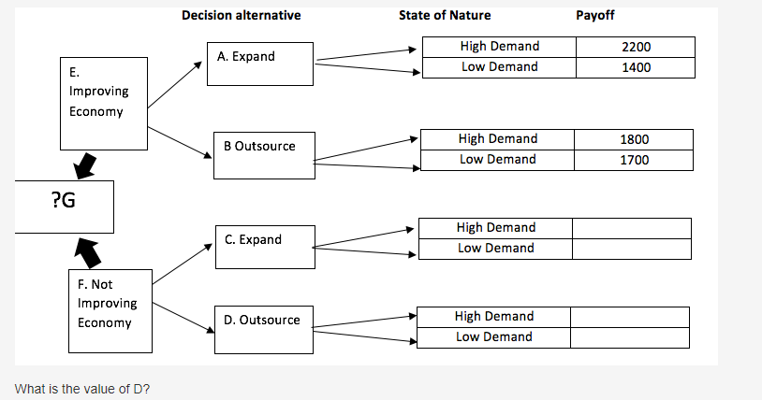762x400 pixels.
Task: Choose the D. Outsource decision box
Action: (262, 329)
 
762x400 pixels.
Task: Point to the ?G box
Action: (64, 206)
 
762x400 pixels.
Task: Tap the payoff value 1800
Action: (634, 139)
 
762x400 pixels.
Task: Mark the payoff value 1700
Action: (634, 160)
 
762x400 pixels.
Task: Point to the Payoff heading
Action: (595, 15)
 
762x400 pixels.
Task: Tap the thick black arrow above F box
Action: (86, 250)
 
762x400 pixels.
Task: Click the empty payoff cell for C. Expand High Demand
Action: (631, 228)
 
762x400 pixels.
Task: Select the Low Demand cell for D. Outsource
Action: (493, 337)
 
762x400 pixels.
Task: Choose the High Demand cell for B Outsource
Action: (497, 139)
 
